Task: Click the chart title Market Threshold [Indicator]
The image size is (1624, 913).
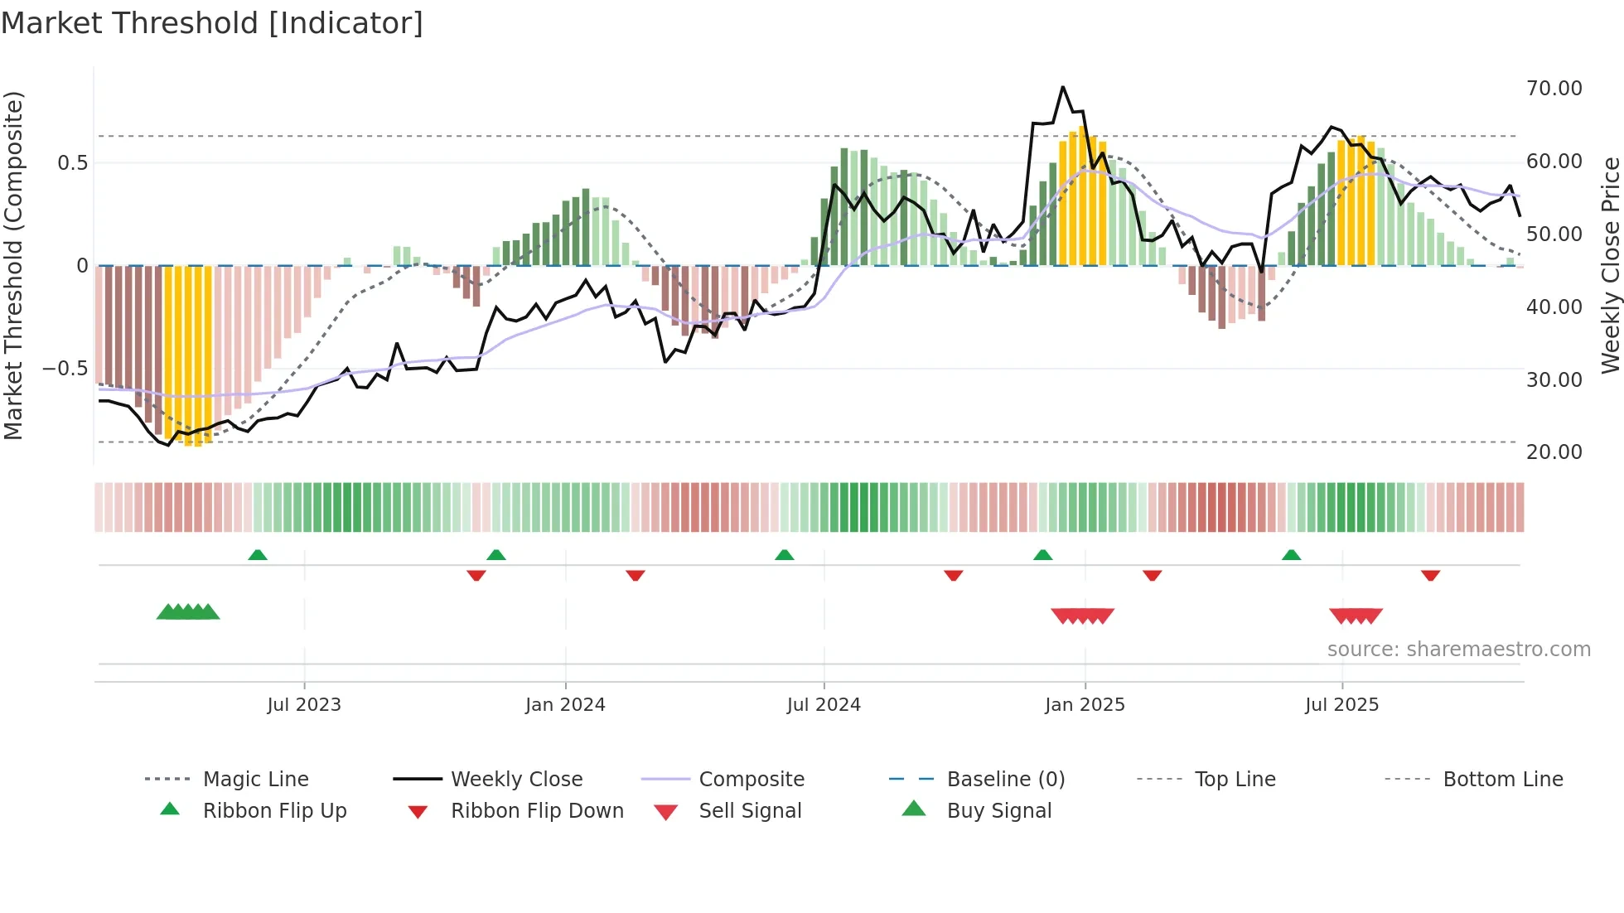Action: pos(212,23)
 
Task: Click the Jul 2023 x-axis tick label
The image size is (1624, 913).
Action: pos(304,705)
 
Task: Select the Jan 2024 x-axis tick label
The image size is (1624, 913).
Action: pos(565,705)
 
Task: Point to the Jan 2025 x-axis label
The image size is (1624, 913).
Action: pos(1085,705)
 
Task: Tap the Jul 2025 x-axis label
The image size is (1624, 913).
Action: pos(1341,705)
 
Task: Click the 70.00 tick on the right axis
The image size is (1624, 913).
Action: pos(1554,89)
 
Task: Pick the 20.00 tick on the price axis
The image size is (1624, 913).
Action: pos(1554,452)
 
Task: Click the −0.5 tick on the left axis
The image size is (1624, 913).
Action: pos(65,369)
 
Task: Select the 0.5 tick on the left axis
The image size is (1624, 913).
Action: pos(72,163)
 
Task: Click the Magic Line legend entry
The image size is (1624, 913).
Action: pos(255,780)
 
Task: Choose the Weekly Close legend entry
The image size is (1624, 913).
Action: pos(516,780)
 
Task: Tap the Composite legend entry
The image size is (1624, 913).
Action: pos(752,780)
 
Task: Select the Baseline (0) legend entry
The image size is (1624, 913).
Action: pos(1005,780)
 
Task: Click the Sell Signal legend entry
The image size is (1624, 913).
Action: pos(750,811)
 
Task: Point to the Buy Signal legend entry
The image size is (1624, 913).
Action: pos(998,811)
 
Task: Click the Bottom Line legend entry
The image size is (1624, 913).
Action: pos(1502,780)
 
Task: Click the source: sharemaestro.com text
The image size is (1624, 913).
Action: pos(1458,650)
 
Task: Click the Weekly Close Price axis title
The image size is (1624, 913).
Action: pos(1610,265)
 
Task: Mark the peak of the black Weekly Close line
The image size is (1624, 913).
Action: pos(1063,87)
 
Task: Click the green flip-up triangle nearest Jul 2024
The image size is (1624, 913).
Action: pos(784,555)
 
